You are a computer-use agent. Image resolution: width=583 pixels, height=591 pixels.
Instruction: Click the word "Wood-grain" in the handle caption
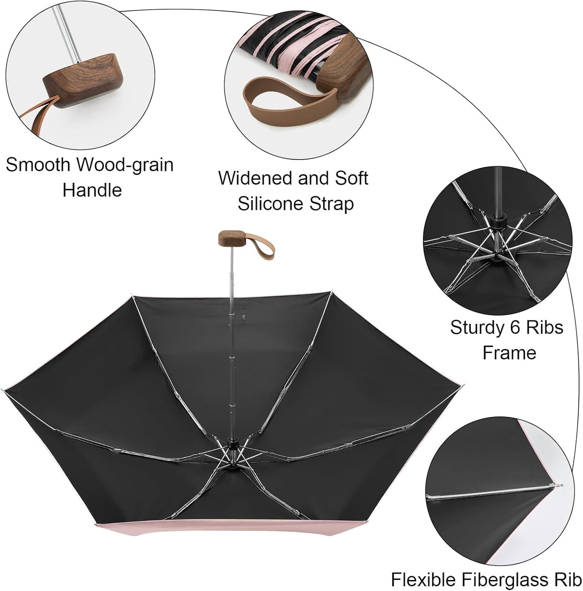125,165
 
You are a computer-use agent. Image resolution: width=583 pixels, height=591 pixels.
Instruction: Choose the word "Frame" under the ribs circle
509,353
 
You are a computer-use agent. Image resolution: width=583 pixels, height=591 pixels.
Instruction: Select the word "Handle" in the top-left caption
92,190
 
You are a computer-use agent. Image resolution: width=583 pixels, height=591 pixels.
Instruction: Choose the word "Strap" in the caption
334,204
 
